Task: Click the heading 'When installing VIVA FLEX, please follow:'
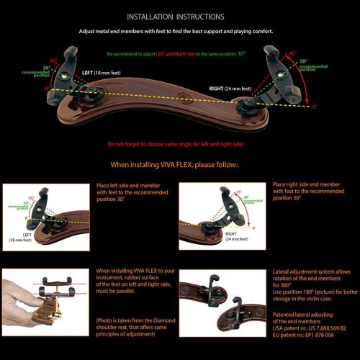[179, 164]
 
